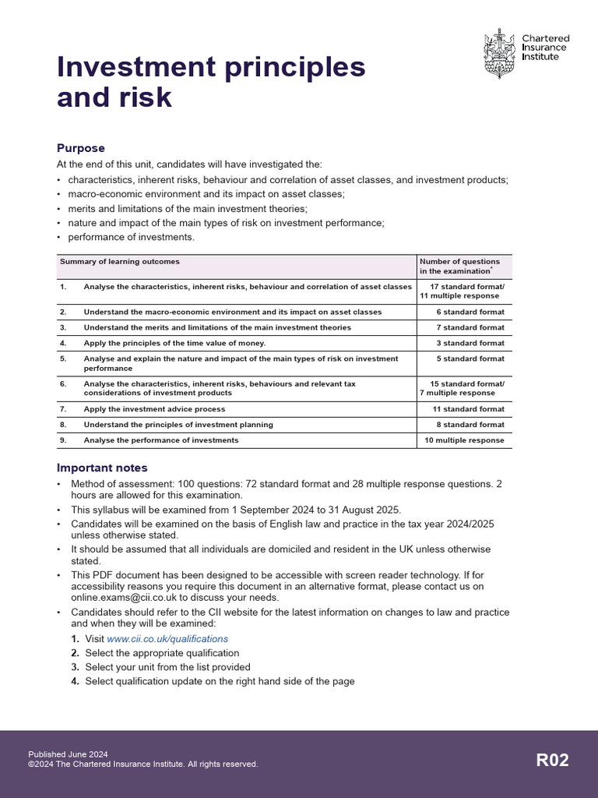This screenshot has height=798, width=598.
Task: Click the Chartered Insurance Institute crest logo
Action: (x=499, y=52)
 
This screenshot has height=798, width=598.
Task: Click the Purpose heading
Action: (x=81, y=148)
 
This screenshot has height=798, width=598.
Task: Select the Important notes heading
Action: (x=102, y=468)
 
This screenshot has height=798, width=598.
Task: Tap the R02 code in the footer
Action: (x=552, y=761)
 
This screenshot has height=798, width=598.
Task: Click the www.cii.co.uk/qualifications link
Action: (x=167, y=639)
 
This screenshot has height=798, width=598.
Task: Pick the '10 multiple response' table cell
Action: (x=464, y=440)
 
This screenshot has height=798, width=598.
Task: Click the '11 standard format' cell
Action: (x=468, y=409)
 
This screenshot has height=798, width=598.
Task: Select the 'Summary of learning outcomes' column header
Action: (x=119, y=262)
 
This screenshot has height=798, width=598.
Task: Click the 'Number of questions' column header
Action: (x=459, y=262)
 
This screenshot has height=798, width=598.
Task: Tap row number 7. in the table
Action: (x=64, y=409)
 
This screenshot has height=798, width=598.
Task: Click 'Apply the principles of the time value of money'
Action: (x=174, y=343)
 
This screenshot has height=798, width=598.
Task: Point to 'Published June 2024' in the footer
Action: (x=68, y=754)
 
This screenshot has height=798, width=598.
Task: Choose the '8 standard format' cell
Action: (x=470, y=425)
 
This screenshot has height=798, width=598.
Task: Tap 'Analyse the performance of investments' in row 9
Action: (x=161, y=440)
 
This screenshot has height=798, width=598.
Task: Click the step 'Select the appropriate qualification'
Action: (x=162, y=653)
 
